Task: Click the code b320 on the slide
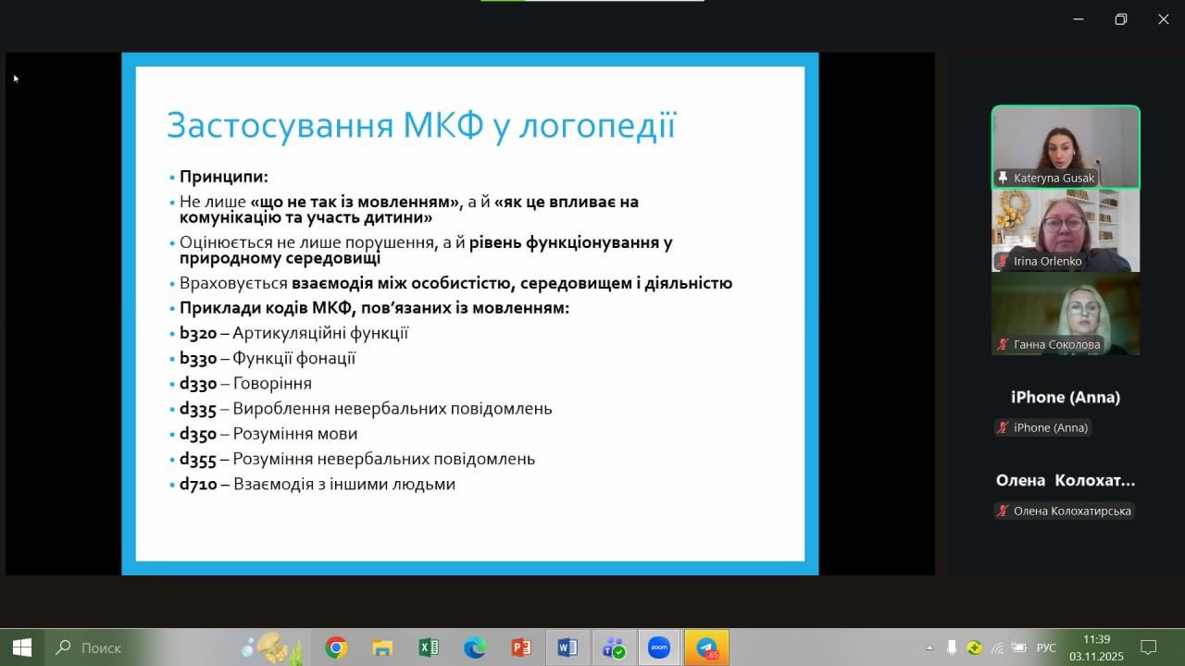tap(198, 334)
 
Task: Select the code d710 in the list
tap(198, 484)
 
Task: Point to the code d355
tap(198, 460)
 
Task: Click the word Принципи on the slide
tap(223, 177)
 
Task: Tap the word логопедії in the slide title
tap(597, 125)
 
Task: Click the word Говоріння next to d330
tap(272, 384)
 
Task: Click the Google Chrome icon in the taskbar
tap(336, 647)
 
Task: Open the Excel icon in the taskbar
tap(429, 647)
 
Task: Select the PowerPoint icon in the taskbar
tap(521, 647)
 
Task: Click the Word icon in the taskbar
tap(568, 647)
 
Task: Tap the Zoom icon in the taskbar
tap(659, 647)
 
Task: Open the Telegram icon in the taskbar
tap(706, 647)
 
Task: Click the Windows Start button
tap(21, 647)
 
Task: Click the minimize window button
tap(1079, 19)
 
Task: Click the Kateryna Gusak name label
tap(1054, 179)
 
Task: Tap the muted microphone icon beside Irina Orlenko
tap(1003, 261)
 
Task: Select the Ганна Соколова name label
tap(1057, 345)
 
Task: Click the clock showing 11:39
tap(1097, 639)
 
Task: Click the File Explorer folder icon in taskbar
tap(382, 647)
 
